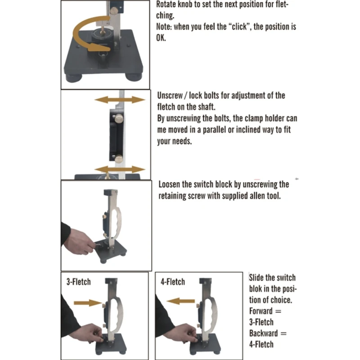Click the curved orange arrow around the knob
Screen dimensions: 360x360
pos(77,35)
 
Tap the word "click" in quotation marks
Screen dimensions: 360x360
pos(239,27)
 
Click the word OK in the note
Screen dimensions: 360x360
pos(161,38)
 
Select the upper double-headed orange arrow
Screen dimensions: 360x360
pos(120,99)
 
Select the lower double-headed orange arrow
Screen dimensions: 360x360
pos(120,170)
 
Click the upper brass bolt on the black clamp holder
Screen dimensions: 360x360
pos(119,118)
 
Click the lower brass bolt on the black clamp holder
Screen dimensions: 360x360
pos(119,159)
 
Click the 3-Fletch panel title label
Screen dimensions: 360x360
pos(78,282)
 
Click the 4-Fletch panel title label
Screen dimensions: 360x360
pos(173,282)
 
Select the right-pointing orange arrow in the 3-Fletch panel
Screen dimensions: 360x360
pos(88,303)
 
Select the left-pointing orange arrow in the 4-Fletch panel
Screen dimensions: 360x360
pos(181,301)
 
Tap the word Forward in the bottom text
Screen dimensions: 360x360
pos(261,311)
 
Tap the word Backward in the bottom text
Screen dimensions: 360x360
pos(264,333)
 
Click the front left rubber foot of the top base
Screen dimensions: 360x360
pos(73,77)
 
